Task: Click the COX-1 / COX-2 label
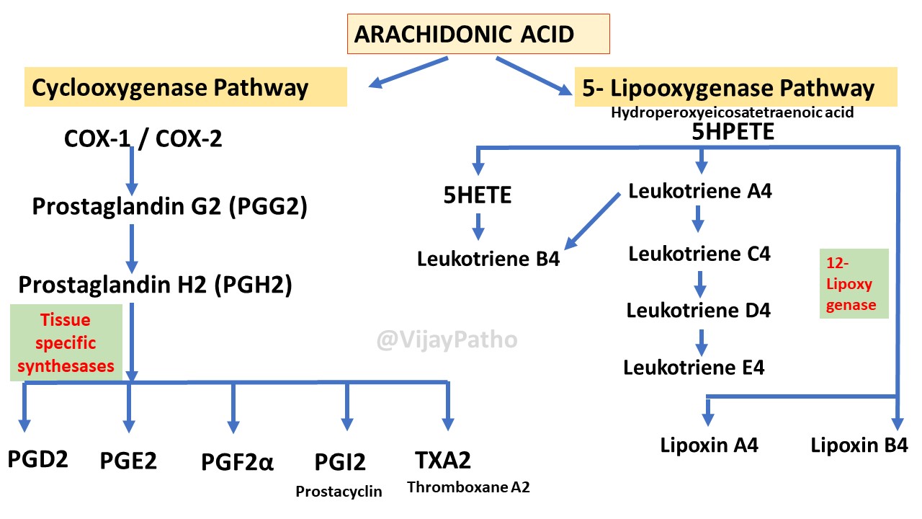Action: (143, 138)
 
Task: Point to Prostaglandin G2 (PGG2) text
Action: (169, 207)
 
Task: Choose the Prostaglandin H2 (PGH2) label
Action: (155, 285)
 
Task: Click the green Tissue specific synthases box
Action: (66, 342)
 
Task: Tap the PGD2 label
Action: (38, 458)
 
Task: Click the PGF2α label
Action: (237, 461)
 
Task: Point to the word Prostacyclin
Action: (339, 492)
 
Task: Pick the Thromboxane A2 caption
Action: (468, 487)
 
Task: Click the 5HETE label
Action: (478, 195)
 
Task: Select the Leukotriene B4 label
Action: (488, 258)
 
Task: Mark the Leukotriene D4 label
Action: (698, 310)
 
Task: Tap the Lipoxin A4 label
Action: (709, 445)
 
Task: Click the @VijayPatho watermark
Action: (447, 339)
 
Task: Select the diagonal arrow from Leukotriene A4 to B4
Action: (592, 221)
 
